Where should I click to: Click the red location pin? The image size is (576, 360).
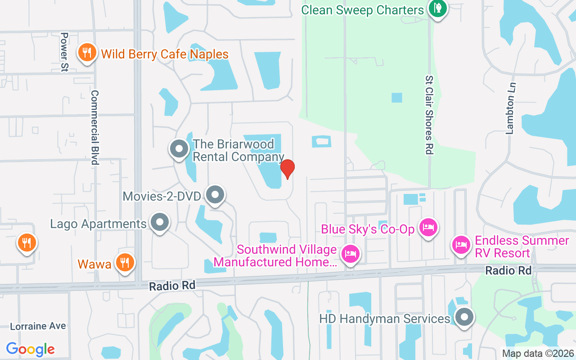pyautogui.click(x=288, y=169)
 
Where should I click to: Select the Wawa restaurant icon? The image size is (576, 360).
pyautogui.click(x=125, y=262)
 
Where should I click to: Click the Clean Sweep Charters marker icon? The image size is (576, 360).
pyautogui.click(x=436, y=8)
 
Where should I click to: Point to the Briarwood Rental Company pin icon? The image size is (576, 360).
pyautogui.click(x=179, y=148)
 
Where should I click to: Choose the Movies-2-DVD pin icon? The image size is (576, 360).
pyautogui.click(x=216, y=195)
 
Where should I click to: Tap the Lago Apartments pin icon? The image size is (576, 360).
pyautogui.click(x=159, y=223)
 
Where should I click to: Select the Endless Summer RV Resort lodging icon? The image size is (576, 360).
pyautogui.click(x=461, y=245)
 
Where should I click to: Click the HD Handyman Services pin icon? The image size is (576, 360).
pyautogui.click(x=464, y=317)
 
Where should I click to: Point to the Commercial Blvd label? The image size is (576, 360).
pyautogui.click(x=94, y=127)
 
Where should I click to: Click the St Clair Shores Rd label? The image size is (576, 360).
pyautogui.click(x=429, y=115)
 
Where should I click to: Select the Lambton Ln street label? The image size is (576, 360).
pyautogui.click(x=510, y=108)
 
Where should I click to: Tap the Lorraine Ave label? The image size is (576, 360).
pyautogui.click(x=38, y=326)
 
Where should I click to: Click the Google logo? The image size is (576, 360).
pyautogui.click(x=30, y=349)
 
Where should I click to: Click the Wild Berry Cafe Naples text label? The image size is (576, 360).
pyautogui.click(x=165, y=54)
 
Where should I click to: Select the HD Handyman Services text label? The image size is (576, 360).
pyautogui.click(x=385, y=319)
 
